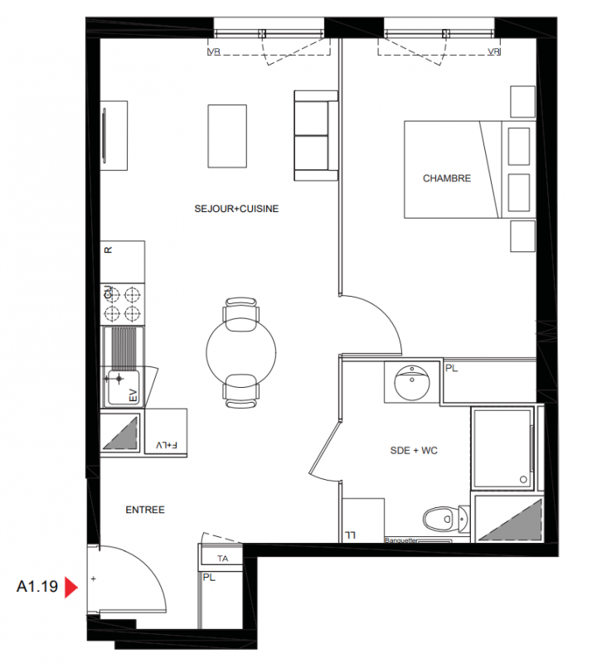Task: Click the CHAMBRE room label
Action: pos(447,178)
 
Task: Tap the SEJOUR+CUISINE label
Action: pos(236,209)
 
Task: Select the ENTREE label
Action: pos(145,510)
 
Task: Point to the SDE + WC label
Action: pos(414,451)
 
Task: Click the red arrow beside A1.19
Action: pos(70,588)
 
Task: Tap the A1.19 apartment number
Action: pos(37,587)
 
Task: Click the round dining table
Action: pos(241,351)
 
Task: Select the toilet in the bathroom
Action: pos(446,519)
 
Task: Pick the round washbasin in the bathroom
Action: pos(411,382)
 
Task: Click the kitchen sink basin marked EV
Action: pos(123,387)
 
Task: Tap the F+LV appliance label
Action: pos(167,445)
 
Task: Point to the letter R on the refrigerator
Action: pos(109,250)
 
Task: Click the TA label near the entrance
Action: pos(222,559)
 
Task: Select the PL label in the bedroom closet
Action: pos(451,368)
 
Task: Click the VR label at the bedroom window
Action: pos(493,51)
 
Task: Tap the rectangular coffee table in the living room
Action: pos(227,136)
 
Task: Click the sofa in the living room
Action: pos(316,136)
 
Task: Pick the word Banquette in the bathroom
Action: pos(401,540)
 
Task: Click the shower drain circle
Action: pos(523,480)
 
